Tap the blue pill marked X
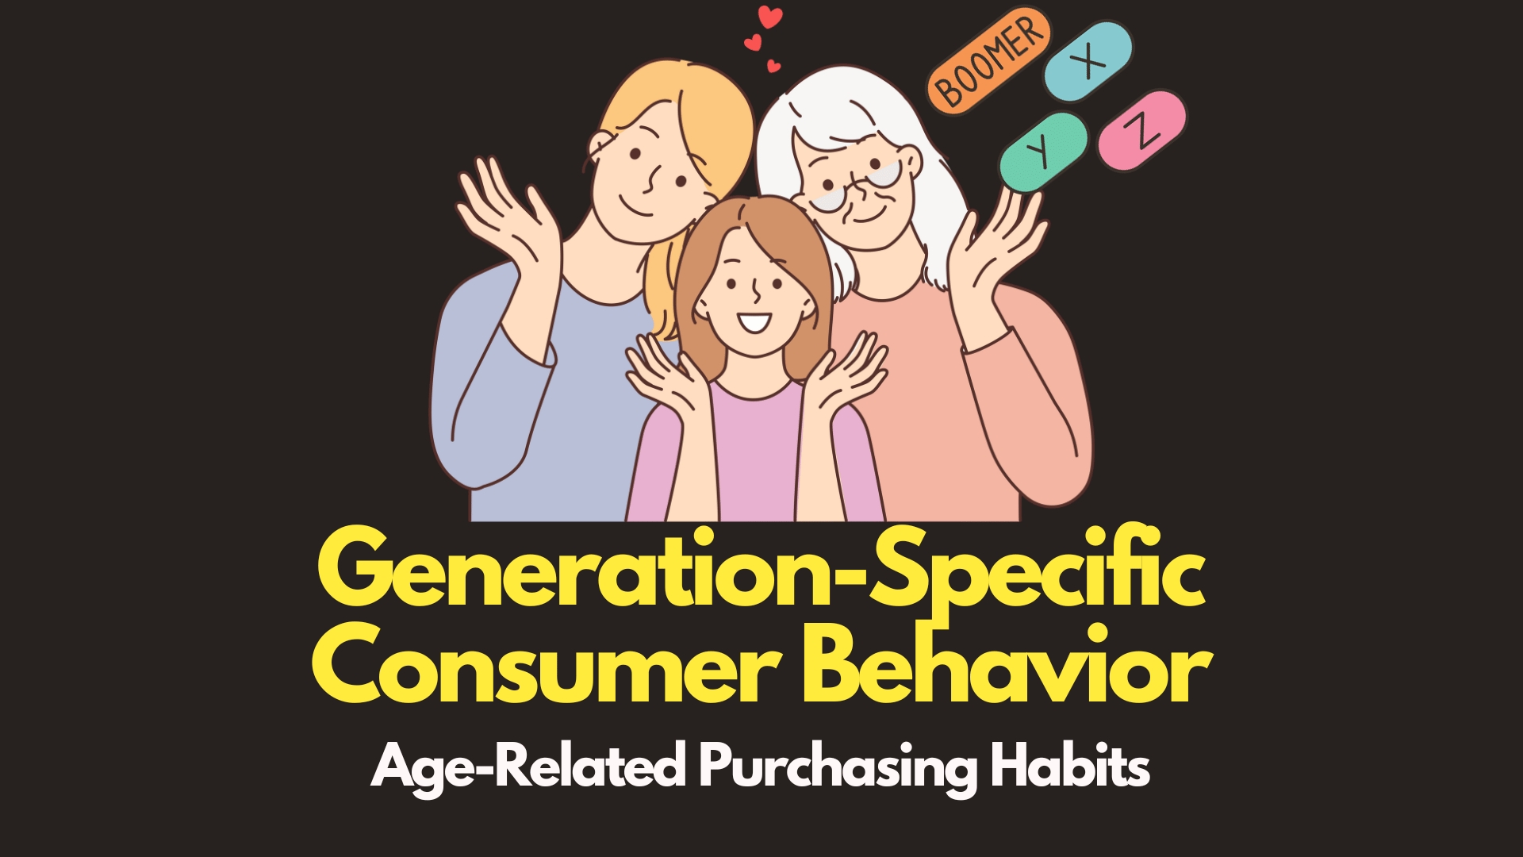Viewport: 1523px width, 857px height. click(x=1088, y=61)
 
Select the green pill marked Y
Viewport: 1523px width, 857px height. click(x=1042, y=151)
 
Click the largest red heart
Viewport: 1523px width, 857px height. click(x=769, y=17)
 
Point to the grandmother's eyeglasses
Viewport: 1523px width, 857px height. click(x=857, y=187)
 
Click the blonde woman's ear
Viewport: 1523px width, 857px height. click(x=600, y=147)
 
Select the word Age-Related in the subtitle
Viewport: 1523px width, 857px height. click(x=527, y=767)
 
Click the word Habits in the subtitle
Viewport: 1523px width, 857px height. click(x=1070, y=767)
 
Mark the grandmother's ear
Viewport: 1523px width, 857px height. click(x=911, y=162)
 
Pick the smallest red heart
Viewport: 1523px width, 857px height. click(x=773, y=67)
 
